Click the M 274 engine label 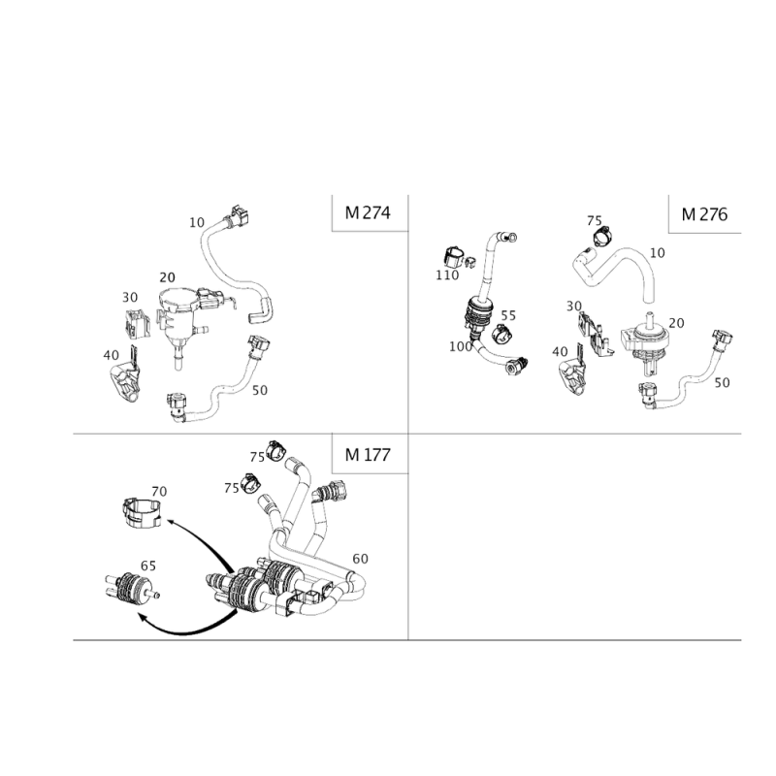[x=368, y=212]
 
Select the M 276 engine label [x=704, y=214]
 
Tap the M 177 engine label [x=368, y=454]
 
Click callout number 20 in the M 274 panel [x=167, y=277]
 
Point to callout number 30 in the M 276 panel [x=574, y=306]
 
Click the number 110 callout [x=447, y=275]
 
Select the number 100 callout [x=460, y=346]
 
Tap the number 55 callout [x=508, y=315]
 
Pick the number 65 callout [x=148, y=566]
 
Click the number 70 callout [x=159, y=492]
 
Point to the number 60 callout [x=360, y=559]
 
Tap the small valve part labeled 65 [x=132, y=587]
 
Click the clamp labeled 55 [x=501, y=332]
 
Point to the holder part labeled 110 [x=456, y=257]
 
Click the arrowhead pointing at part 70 [x=171, y=521]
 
